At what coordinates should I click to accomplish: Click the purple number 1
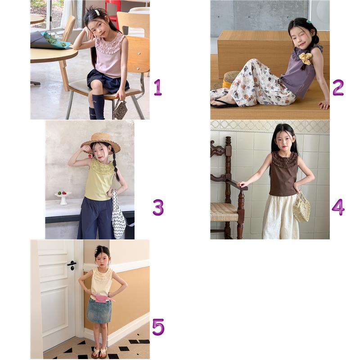pyautogui.click(x=158, y=87)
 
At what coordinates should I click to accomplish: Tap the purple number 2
pyautogui.click(x=338, y=87)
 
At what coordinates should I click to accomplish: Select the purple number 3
pyautogui.click(x=158, y=207)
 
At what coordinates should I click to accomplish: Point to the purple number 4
pyautogui.click(x=338, y=207)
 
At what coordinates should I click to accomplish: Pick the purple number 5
pyautogui.click(x=158, y=327)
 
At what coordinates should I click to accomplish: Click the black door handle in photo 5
pyautogui.click(x=72, y=265)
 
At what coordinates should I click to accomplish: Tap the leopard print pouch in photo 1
pyautogui.click(x=121, y=110)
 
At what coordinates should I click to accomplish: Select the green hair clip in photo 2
pyautogui.click(x=308, y=22)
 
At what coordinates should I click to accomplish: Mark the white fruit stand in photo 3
pyautogui.click(x=63, y=198)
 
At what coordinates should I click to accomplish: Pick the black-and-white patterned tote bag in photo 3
pyautogui.click(x=118, y=216)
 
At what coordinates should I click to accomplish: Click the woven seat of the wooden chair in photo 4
pyautogui.click(x=224, y=212)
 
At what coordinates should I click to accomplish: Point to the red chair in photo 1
pyautogui.click(x=113, y=11)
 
